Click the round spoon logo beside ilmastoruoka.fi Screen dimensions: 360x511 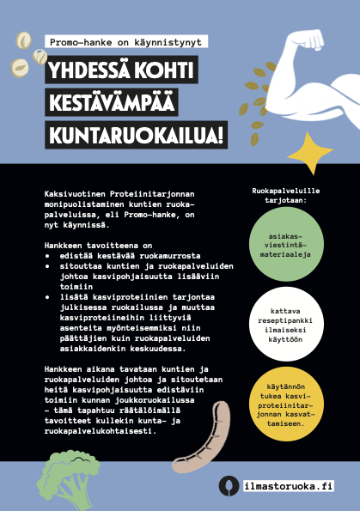pos(228,485)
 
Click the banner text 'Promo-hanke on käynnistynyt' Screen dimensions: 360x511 pos(126,41)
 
